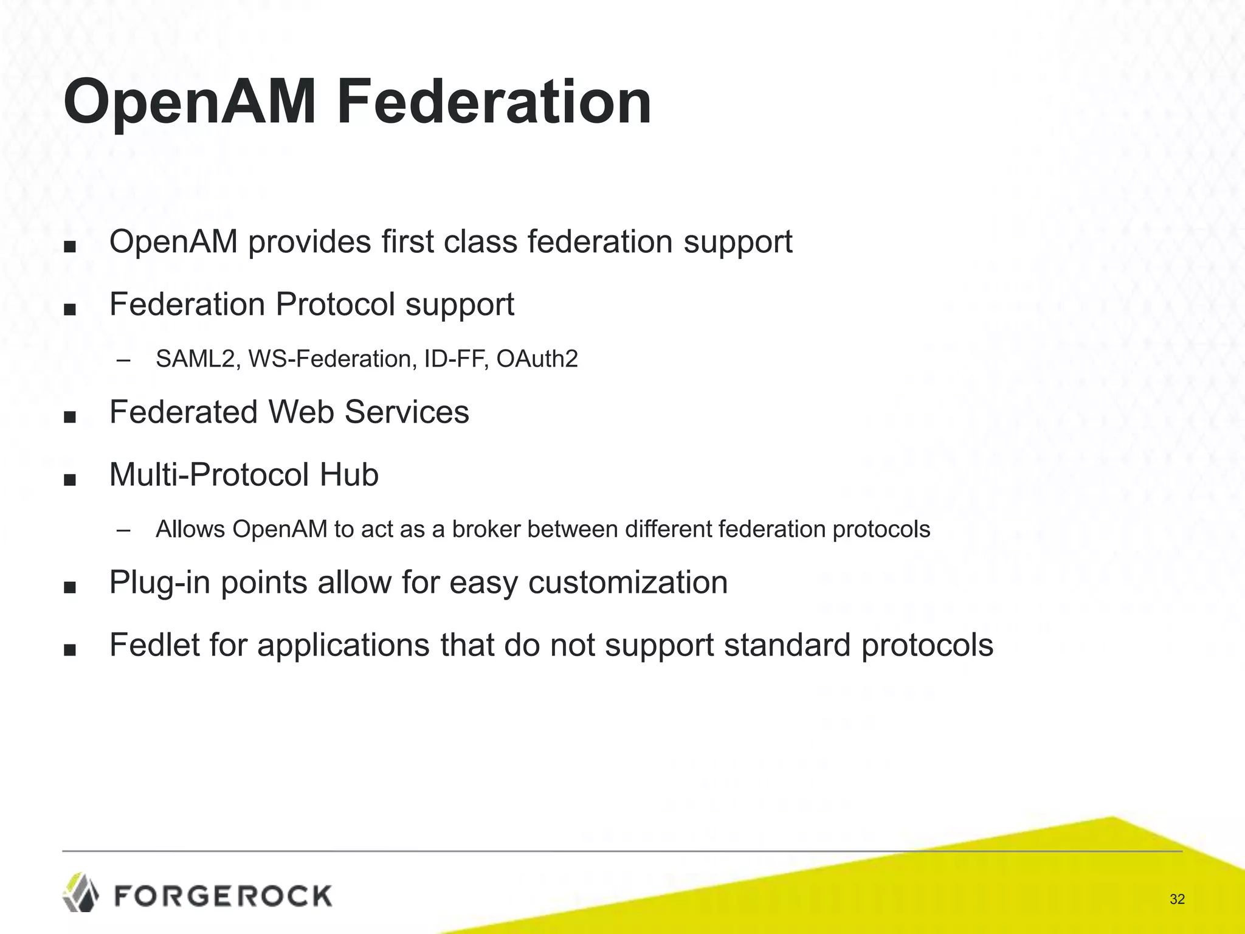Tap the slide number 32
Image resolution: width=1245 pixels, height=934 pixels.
pos(1177,899)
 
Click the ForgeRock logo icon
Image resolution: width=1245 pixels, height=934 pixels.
pos(81,892)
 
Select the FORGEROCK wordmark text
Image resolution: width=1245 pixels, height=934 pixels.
pos(223,896)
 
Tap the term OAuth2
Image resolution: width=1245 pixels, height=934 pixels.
pos(537,359)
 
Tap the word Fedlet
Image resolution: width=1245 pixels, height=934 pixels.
pos(154,645)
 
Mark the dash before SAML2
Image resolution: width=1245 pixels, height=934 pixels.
pos(123,360)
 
